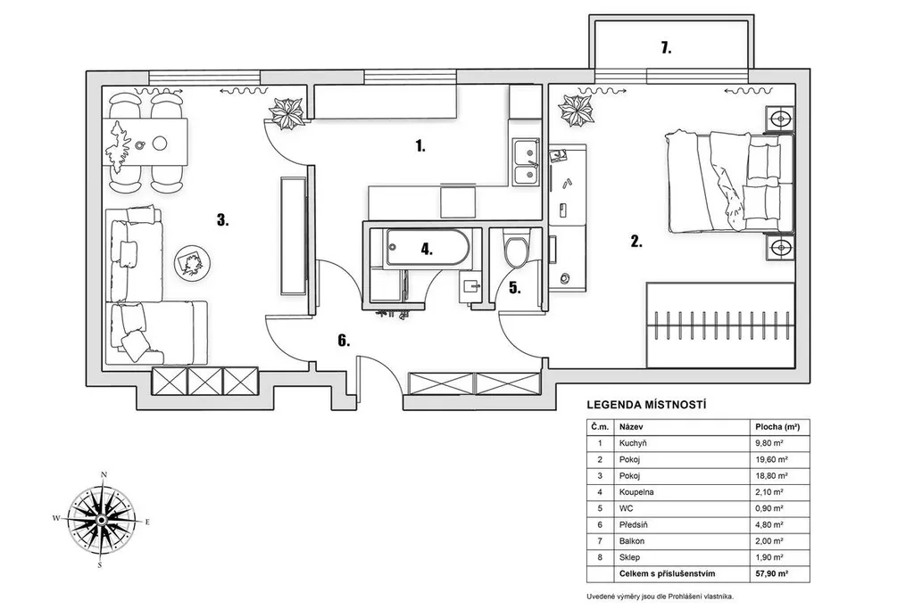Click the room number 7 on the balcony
tap(666, 48)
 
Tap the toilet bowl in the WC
tap(516, 250)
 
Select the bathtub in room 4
tap(425, 248)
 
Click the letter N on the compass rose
tap(104, 474)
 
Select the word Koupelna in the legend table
tap(636, 492)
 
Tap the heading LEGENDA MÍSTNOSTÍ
tap(646, 405)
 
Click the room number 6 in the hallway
tap(344, 341)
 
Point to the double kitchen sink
tap(526, 162)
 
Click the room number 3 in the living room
tap(222, 220)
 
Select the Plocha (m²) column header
tap(777, 427)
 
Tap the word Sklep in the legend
tap(629, 558)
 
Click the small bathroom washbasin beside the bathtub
tap(471, 286)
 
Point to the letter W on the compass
tap(56, 517)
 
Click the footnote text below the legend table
tap(660, 597)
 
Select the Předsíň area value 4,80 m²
tap(768, 524)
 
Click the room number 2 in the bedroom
tap(636, 242)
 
